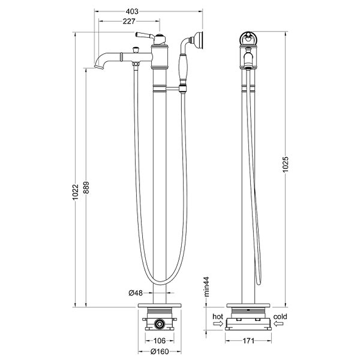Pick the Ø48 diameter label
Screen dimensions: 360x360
pos(135,293)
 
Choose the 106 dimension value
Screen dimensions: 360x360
pos(159,341)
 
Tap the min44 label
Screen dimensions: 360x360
pos(207,287)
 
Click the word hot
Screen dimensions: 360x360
pos(218,317)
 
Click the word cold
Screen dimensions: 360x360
pos(280,317)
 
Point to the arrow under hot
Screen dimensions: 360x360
pos(218,324)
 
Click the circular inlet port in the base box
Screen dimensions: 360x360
pos(159,324)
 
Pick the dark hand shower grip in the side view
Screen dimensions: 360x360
pos(183,67)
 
